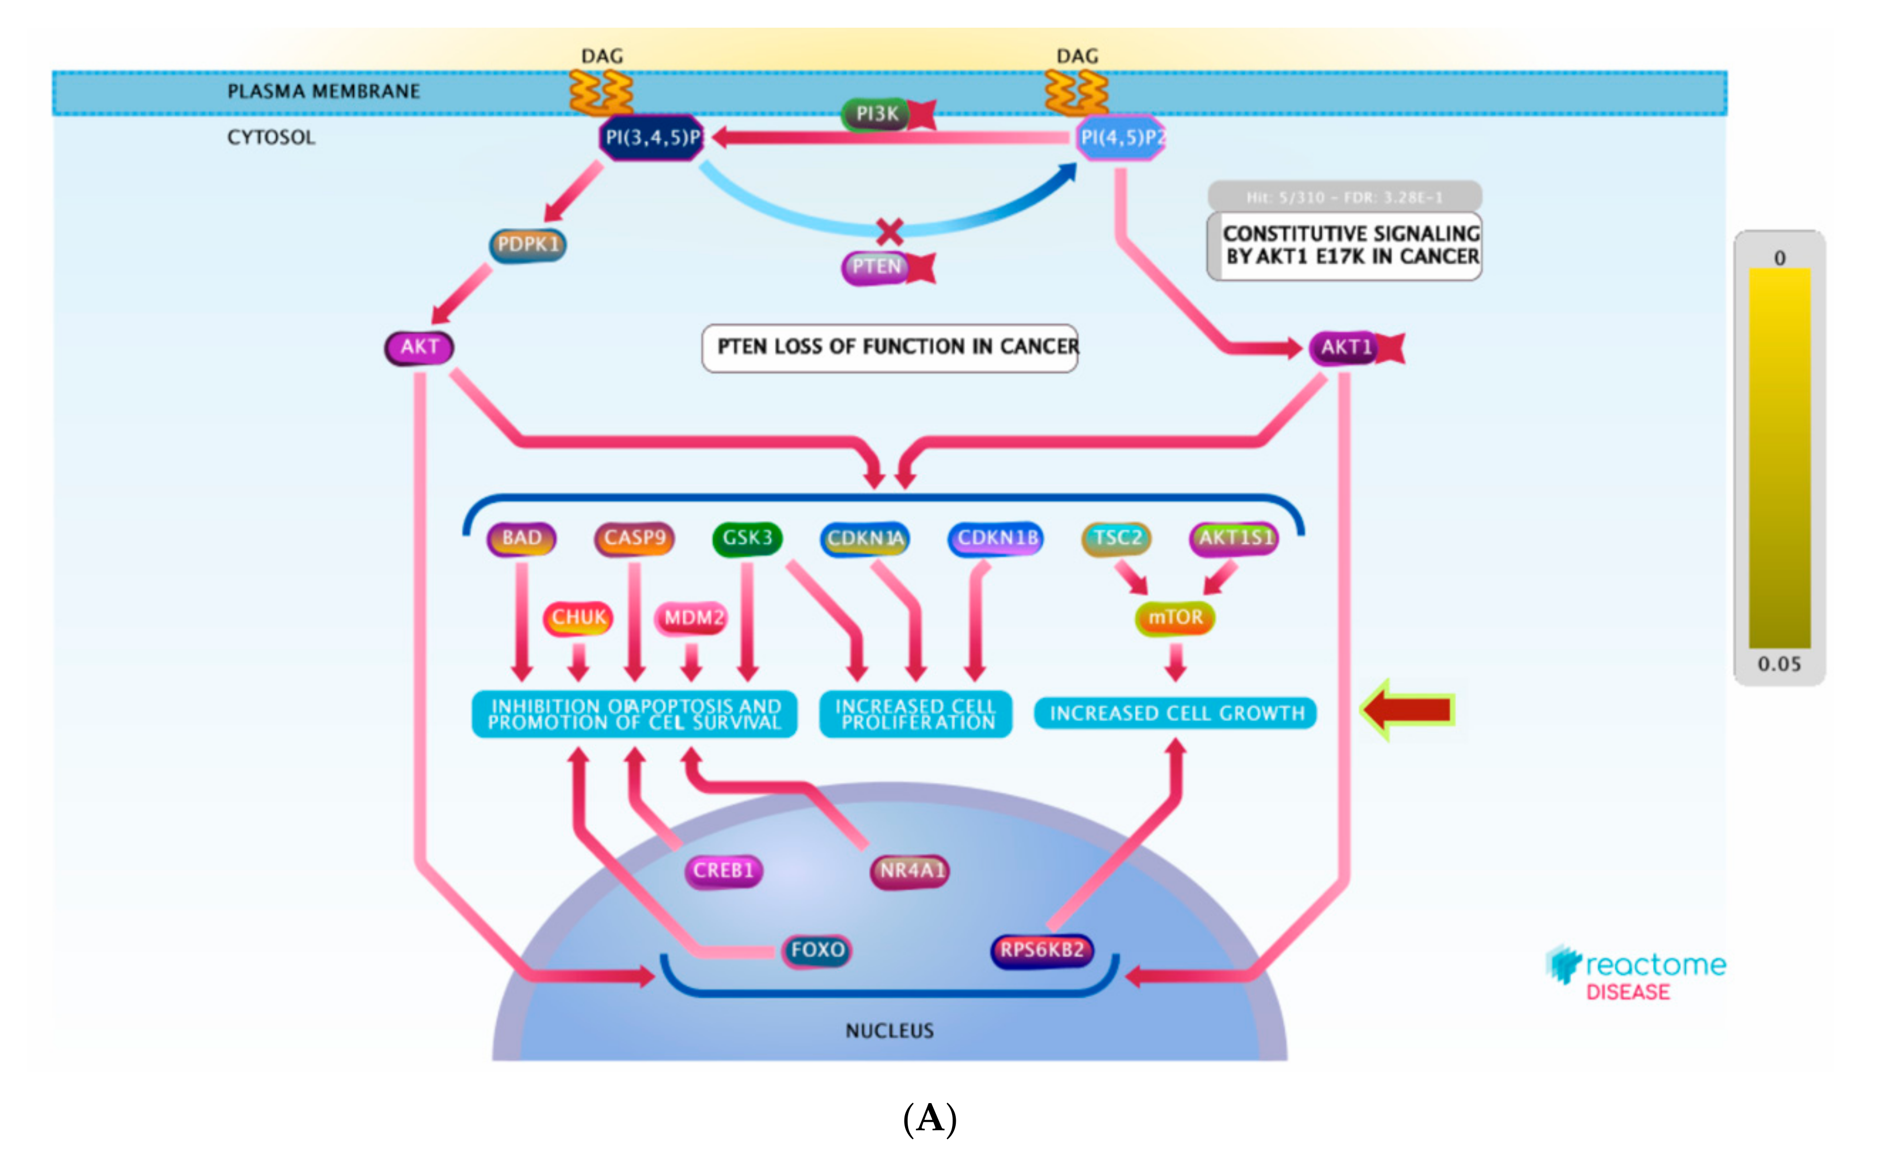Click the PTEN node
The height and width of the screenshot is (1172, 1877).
click(x=876, y=267)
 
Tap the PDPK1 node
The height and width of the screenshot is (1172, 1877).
click(x=528, y=245)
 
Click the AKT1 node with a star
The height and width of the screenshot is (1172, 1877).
click(x=1347, y=347)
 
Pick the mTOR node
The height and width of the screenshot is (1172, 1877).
click(x=1175, y=618)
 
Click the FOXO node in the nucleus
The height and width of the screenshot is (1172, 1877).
click(x=817, y=950)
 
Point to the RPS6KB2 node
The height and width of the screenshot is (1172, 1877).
click(x=1042, y=950)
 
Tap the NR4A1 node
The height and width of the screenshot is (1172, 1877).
click(x=911, y=871)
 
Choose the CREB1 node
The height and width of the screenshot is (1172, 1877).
click(x=723, y=871)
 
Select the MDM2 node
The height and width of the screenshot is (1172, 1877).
click(x=692, y=618)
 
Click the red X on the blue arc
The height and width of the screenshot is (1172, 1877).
click(x=889, y=231)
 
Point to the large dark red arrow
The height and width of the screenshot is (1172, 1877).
click(x=1408, y=709)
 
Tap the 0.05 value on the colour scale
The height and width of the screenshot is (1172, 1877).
click(x=1779, y=664)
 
